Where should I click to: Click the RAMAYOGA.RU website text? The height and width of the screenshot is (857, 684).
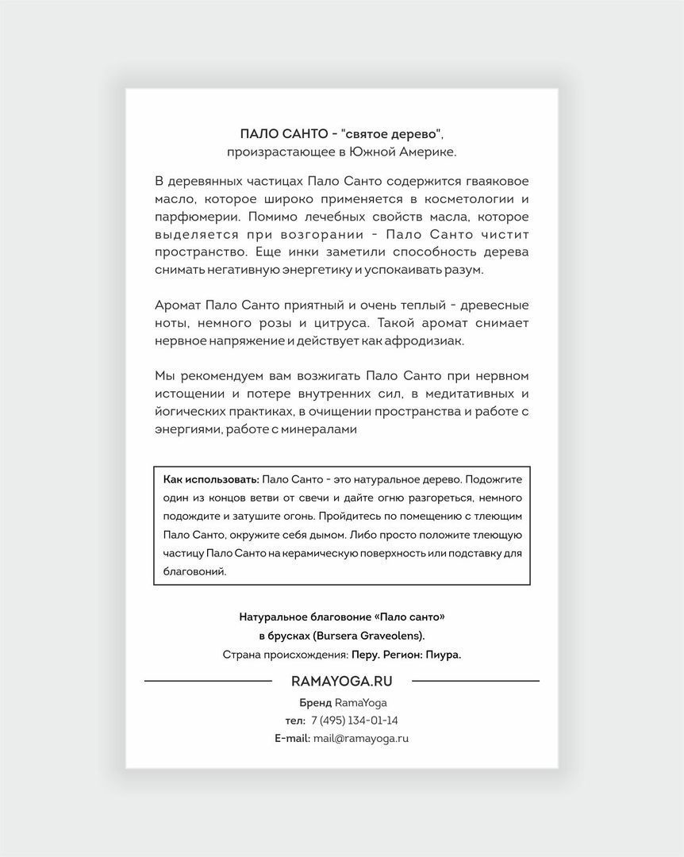click(x=342, y=681)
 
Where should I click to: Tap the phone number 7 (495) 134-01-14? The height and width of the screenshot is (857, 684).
click(x=354, y=721)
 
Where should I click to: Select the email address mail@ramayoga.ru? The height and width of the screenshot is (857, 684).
click(x=361, y=738)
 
